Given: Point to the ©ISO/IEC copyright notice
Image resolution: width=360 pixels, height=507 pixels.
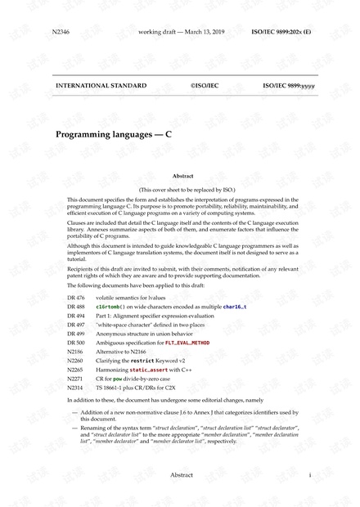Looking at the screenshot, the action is [x=205, y=85].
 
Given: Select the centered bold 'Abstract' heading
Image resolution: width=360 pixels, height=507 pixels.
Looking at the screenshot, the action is [x=183, y=176].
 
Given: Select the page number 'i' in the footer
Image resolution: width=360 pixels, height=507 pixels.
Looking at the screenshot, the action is [x=310, y=474].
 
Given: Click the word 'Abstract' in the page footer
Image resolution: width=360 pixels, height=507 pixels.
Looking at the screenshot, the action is [x=182, y=474].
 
